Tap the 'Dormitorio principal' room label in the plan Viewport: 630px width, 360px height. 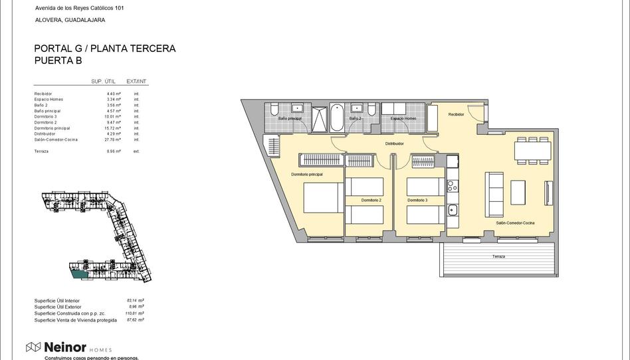307,174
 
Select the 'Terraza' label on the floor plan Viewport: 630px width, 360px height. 498,256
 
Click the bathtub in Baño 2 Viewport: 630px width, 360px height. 337,118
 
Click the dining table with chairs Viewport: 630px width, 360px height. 532,151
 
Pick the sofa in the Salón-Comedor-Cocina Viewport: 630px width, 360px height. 494,191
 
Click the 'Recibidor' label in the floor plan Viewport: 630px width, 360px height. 456,114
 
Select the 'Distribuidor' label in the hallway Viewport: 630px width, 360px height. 395,143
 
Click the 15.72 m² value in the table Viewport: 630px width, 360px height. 114,128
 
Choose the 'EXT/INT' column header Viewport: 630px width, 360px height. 137,82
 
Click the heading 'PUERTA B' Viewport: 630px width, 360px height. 58,60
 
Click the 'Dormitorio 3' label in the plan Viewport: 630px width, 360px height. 417,200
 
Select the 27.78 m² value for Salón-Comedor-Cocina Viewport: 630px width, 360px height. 114,139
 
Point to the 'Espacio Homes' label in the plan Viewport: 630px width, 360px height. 403,118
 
